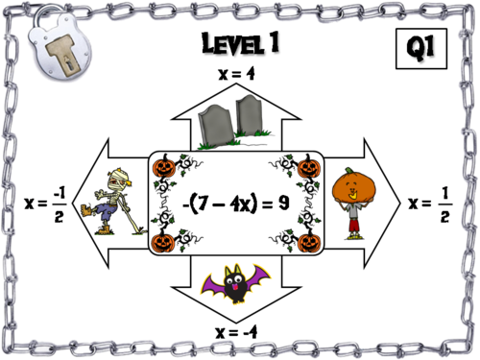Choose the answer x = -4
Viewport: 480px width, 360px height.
coord(239,332)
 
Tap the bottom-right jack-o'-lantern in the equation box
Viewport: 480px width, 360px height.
coord(308,240)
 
